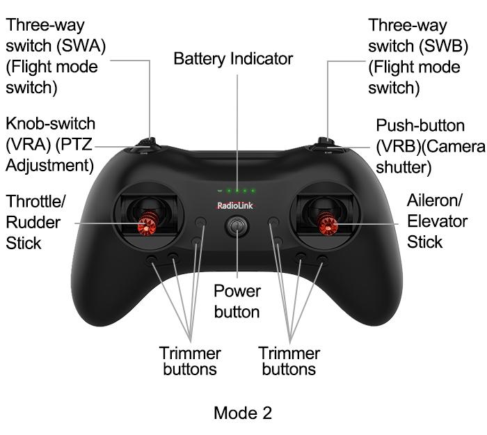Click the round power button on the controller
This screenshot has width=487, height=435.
click(x=237, y=226)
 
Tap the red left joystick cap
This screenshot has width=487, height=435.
click(x=147, y=223)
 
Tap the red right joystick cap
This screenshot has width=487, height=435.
click(x=327, y=223)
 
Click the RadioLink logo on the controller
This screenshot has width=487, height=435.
click(x=235, y=205)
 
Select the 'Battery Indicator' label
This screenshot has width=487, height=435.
click(x=233, y=58)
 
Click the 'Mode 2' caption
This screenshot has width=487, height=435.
click(x=243, y=413)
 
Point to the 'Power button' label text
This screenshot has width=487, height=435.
click(x=237, y=301)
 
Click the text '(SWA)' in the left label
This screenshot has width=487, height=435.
click(x=81, y=46)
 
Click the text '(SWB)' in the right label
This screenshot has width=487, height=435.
click(x=444, y=47)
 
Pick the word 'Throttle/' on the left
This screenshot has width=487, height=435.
click(x=35, y=201)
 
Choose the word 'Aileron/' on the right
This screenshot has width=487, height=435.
click(x=435, y=200)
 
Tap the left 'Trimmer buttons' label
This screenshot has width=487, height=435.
click(x=190, y=361)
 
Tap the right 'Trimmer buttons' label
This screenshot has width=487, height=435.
click(x=289, y=361)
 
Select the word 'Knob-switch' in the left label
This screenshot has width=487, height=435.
click(x=51, y=124)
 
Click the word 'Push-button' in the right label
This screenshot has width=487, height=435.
click(x=420, y=125)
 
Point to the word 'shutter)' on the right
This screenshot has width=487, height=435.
click(x=404, y=167)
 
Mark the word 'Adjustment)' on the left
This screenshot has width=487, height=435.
click(x=49, y=166)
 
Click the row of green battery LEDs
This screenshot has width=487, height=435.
click(x=237, y=191)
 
